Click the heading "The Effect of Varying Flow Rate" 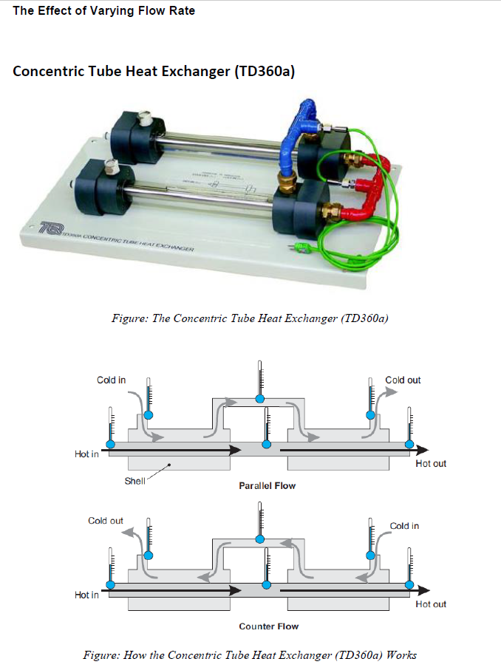(104, 11)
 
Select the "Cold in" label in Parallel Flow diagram (111, 380)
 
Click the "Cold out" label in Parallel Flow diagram (403, 380)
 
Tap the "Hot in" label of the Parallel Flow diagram (86, 454)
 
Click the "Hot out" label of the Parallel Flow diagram (431, 464)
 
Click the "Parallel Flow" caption (267, 486)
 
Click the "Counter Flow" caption (268, 626)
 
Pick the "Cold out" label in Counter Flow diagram (106, 521)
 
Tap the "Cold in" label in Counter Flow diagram (404, 526)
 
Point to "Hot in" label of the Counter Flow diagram (86, 595)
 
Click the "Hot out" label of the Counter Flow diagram (431, 604)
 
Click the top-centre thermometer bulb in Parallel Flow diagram (259, 399)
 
